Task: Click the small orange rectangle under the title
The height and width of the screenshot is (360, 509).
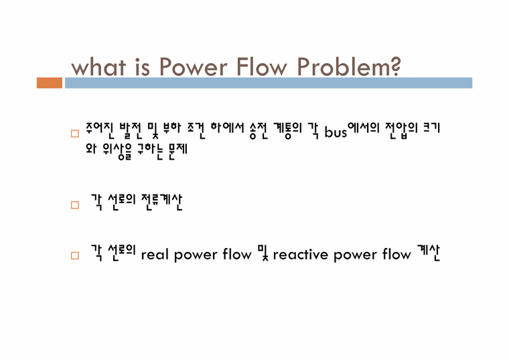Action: pyautogui.click(x=50, y=83)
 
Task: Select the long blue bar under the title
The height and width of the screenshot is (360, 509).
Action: pyautogui.click(x=268, y=83)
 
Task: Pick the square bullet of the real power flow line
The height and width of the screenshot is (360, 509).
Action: pyautogui.click(x=75, y=256)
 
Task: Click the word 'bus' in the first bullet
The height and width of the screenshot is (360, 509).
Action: pyautogui.click(x=336, y=131)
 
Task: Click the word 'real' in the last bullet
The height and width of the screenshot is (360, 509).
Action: pyautogui.click(x=155, y=255)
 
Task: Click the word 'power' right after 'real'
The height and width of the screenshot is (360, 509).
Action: pyautogui.click(x=196, y=255)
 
